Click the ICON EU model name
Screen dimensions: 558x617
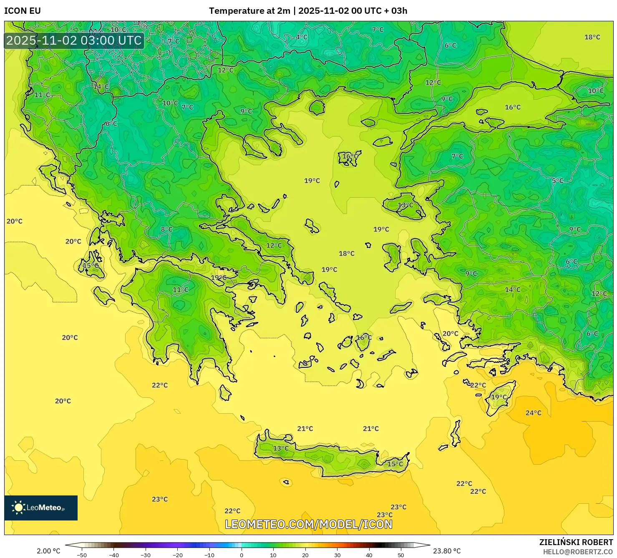(x=23, y=11)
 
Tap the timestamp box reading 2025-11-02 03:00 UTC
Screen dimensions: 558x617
(x=74, y=41)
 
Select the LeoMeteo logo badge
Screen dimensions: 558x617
(x=41, y=508)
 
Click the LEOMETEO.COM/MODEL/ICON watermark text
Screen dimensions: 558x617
(x=309, y=524)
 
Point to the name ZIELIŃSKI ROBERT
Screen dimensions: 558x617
(x=576, y=542)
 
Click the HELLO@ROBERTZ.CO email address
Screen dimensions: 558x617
(x=578, y=552)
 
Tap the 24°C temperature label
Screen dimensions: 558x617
(x=533, y=413)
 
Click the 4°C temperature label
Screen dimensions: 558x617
(x=302, y=37)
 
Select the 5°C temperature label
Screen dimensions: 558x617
(x=558, y=181)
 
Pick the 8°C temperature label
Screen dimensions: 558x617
(x=166, y=229)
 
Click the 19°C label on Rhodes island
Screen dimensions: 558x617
(x=499, y=397)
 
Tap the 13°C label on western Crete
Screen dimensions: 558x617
(x=281, y=448)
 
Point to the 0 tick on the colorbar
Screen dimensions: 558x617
(x=241, y=555)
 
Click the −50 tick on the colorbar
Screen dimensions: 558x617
(x=82, y=555)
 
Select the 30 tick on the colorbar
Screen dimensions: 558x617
(x=337, y=555)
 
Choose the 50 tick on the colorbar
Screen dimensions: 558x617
(x=401, y=555)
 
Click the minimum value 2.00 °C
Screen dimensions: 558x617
(x=48, y=551)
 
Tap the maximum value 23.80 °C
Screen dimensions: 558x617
(x=447, y=551)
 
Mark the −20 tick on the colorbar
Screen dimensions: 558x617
(x=178, y=555)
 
